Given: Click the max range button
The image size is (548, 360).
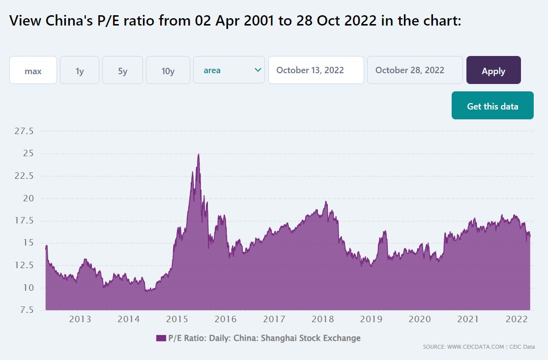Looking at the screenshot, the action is (33, 70).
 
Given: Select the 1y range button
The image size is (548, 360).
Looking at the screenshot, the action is (80, 70).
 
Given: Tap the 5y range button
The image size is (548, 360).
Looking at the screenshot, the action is (123, 70).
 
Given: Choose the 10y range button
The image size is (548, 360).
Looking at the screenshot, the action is (168, 70).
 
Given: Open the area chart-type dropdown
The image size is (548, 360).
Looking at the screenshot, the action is (229, 70).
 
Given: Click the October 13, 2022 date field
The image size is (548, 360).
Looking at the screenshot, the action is (317, 70).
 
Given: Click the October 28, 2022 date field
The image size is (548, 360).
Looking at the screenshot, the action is (415, 70).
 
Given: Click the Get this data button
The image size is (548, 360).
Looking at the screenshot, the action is (492, 106).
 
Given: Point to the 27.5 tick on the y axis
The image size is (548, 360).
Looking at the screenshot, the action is (24, 131).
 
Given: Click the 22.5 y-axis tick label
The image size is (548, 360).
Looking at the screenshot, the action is (24, 176).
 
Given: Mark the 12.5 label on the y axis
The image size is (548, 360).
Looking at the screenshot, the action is (24, 265).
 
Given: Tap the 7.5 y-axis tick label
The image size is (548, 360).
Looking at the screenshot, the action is (27, 310).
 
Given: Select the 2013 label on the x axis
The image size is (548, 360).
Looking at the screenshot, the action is (80, 319).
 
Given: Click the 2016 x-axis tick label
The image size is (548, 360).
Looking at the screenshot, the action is (226, 319).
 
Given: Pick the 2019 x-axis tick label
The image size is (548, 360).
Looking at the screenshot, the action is (371, 319).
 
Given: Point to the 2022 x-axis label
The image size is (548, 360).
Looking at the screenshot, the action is (517, 319).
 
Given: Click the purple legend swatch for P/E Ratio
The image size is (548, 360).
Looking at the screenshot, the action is (161, 338).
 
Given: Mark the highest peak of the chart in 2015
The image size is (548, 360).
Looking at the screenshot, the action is (199, 154).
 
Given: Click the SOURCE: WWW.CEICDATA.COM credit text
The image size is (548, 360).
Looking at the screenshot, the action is (463, 347).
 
